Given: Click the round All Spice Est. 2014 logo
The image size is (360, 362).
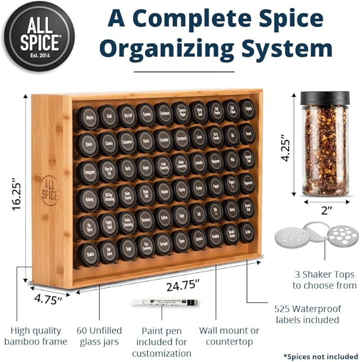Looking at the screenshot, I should (x=39, y=36).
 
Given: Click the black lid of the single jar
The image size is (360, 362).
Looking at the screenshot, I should (x=325, y=98).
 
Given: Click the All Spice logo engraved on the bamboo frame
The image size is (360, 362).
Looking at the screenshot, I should (x=50, y=190).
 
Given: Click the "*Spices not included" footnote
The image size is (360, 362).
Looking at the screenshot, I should (x=320, y=356).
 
